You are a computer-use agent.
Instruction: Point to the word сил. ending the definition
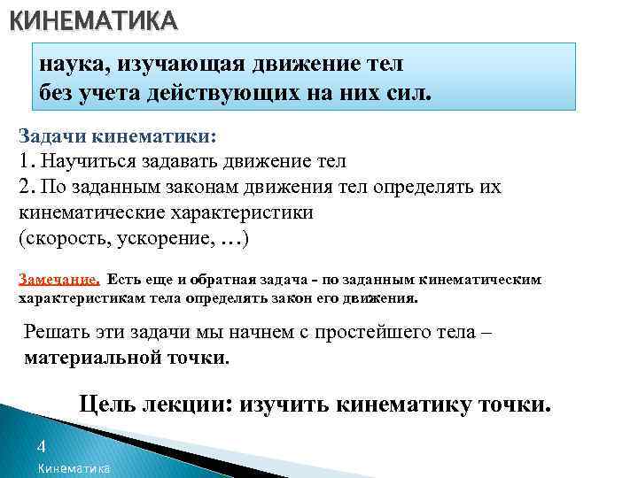point(409,92)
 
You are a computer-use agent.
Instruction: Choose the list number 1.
point(25,162)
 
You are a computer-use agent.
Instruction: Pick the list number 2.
point(26,188)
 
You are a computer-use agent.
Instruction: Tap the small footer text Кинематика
point(74,468)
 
